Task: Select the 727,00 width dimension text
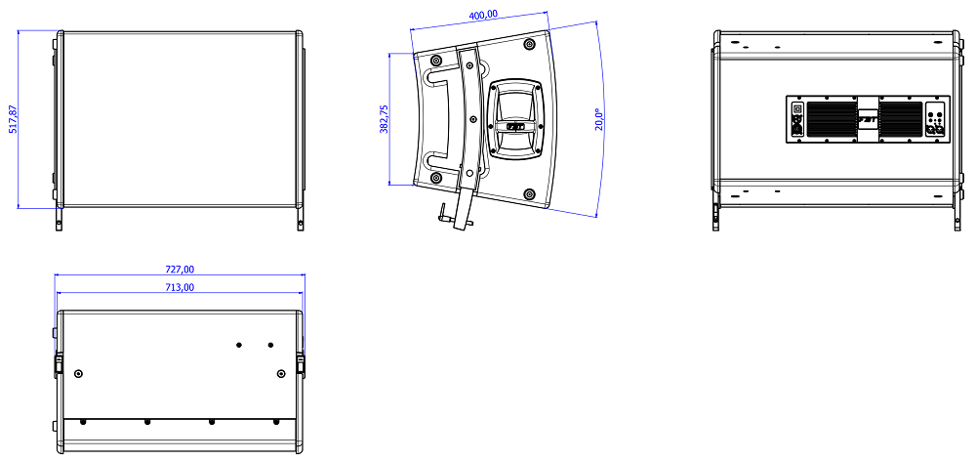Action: (180, 269)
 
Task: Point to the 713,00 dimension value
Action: (180, 287)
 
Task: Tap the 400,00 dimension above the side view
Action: (483, 15)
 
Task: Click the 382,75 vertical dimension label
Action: (384, 119)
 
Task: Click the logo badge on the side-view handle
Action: (514, 127)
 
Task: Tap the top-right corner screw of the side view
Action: (529, 45)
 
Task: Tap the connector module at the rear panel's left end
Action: (796, 119)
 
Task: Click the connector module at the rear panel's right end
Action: (935, 120)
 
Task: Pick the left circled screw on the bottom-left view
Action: (78, 373)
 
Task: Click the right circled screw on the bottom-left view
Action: (281, 373)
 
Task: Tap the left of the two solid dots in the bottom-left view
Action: (239, 344)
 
